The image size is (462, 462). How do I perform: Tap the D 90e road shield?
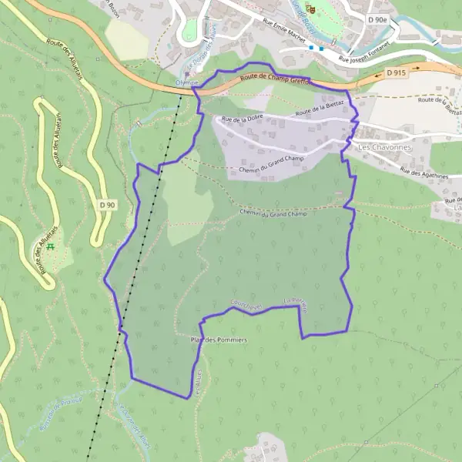[377, 18]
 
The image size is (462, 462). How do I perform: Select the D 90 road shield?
[107, 205]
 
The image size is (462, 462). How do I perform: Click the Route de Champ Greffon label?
[273, 77]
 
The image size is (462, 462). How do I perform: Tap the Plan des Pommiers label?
[219, 340]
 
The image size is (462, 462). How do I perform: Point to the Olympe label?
[186, 82]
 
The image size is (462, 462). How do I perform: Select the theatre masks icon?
[311, 8]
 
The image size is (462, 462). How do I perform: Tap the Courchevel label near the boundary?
[246, 306]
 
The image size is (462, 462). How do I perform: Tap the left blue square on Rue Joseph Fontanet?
[311, 48]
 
